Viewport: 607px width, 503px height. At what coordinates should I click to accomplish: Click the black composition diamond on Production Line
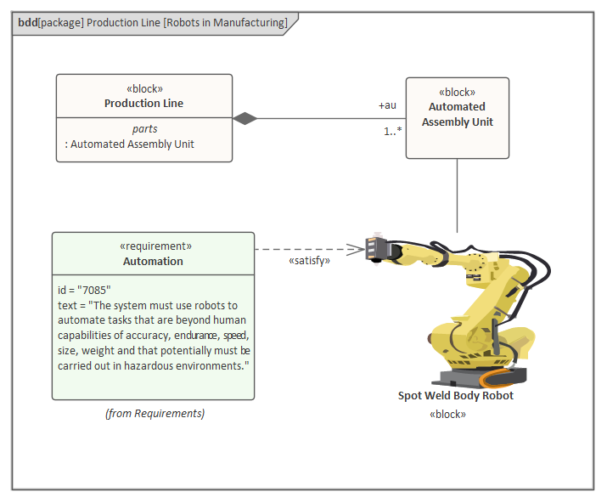pos(245,118)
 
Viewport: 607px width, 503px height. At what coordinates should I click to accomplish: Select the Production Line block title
pos(143,104)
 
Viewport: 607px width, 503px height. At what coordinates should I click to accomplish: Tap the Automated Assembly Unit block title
pos(457,115)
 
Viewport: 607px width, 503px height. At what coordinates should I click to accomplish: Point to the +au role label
pos(387,106)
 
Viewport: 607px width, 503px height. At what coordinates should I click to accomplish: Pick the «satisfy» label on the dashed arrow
pos(309,261)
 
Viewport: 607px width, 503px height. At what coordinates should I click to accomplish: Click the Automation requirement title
pos(153,262)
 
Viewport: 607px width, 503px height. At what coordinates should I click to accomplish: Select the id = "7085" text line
pos(84,290)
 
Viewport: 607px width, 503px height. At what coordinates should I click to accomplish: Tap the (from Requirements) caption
pos(155,414)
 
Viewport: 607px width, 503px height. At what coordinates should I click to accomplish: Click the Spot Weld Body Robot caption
pos(456,396)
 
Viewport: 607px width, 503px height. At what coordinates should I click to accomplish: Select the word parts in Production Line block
pos(144,129)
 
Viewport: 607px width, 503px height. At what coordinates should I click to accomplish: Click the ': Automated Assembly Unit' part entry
pos(129,144)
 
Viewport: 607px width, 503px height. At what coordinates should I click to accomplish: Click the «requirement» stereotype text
pos(153,246)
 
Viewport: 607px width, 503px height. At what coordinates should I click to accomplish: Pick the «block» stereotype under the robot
pos(448,414)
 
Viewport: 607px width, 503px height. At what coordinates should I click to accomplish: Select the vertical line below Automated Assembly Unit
pos(458,195)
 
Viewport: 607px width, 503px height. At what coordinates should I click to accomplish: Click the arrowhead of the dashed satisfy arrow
pos(358,249)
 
